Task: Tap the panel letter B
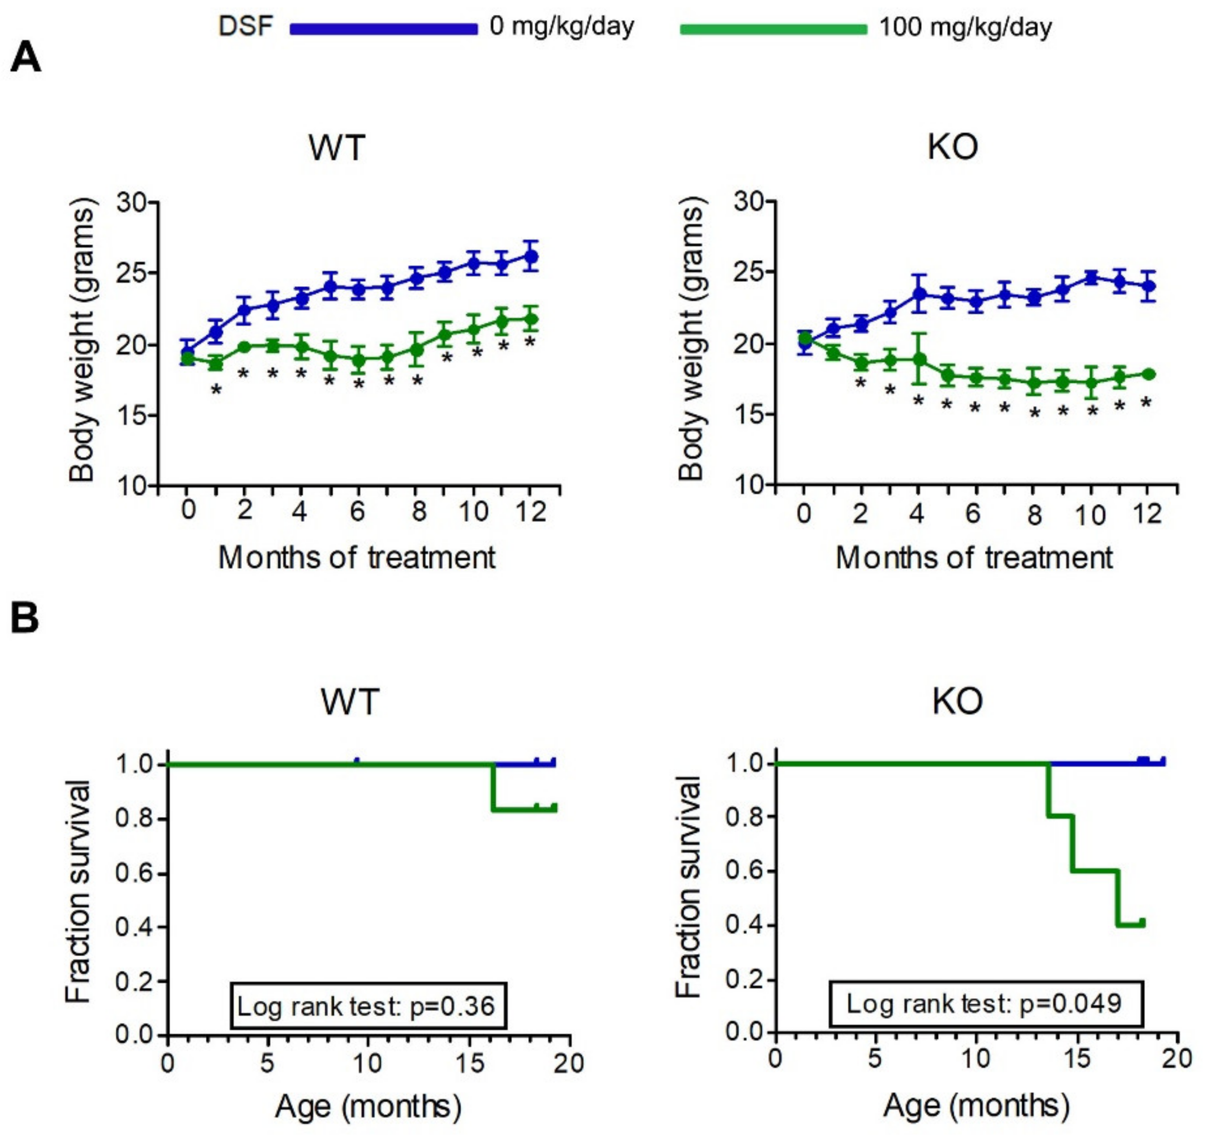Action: point(25,618)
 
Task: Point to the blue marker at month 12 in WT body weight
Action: point(531,256)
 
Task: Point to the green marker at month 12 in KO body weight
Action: point(1148,374)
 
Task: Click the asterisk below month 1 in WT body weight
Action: point(216,390)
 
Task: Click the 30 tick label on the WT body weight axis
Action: point(132,202)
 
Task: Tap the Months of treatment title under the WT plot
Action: point(357,558)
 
